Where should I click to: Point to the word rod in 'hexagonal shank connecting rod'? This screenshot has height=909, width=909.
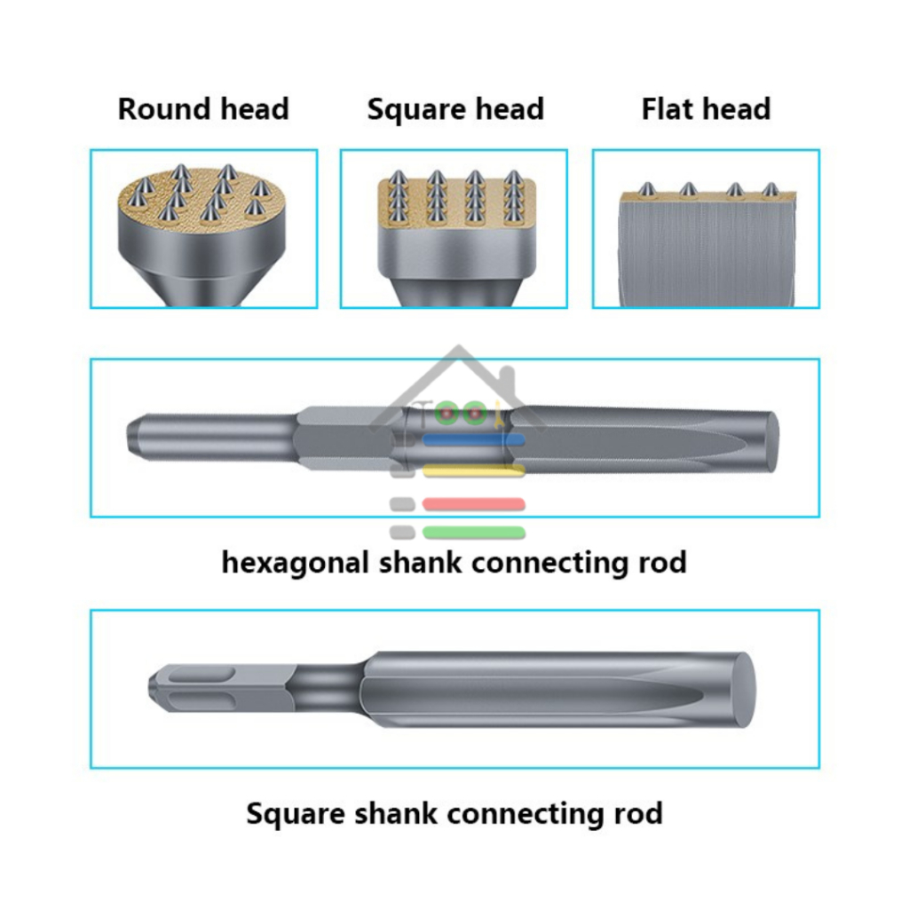click(660, 563)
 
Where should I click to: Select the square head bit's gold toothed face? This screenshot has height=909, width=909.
click(456, 197)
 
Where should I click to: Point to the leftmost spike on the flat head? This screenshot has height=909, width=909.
click(649, 188)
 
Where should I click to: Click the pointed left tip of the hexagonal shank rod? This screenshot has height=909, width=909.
click(133, 434)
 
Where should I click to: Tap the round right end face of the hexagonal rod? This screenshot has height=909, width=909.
click(771, 436)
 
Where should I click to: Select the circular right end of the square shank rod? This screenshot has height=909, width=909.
click(743, 689)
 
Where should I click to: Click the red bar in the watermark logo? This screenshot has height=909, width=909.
click(474, 504)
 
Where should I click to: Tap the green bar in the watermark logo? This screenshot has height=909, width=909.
click(474, 533)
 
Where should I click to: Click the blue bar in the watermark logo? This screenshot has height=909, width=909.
click(474, 439)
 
